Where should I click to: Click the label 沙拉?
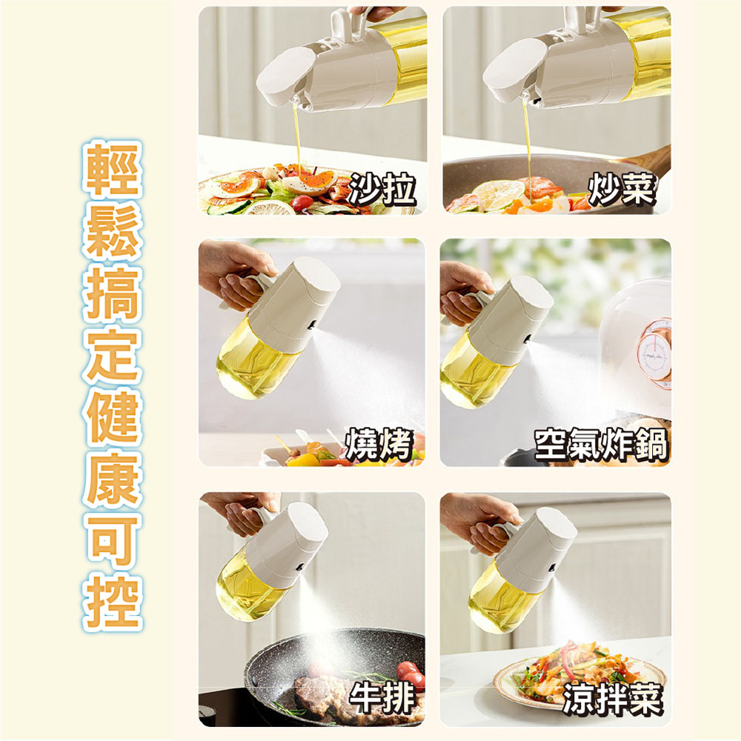[x=382, y=189]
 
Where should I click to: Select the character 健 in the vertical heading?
[x=113, y=419]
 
